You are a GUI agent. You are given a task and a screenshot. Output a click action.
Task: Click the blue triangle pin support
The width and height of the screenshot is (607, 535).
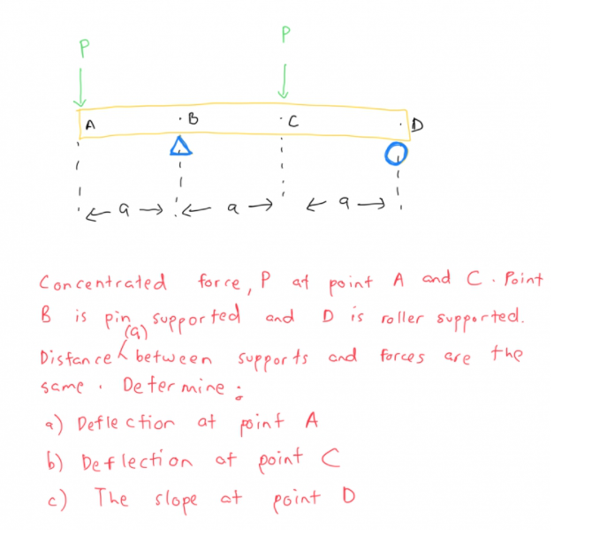(x=180, y=146)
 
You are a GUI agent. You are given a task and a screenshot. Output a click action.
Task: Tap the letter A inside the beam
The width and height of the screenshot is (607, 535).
(x=90, y=126)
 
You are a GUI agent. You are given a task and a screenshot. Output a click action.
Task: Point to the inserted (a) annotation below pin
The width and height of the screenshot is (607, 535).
(x=137, y=333)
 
